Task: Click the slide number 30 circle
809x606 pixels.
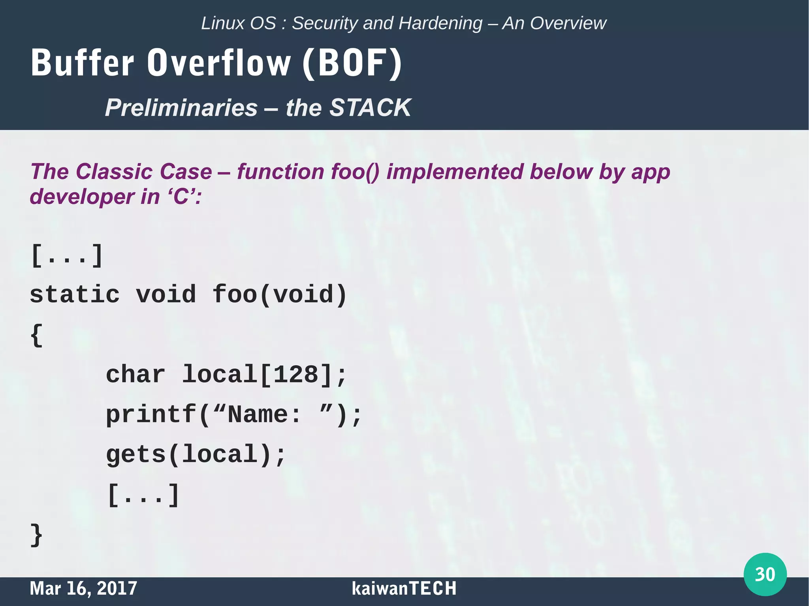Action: pyautogui.click(x=765, y=574)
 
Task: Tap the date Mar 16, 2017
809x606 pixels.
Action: pyautogui.click(x=83, y=588)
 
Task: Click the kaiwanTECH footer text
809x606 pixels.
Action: pyautogui.click(x=404, y=588)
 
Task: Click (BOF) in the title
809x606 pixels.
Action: pyautogui.click(x=352, y=63)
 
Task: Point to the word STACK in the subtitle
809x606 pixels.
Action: pyautogui.click(x=370, y=107)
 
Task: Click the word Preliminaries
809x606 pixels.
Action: pyautogui.click(x=181, y=107)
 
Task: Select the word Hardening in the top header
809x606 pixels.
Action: pyautogui.click(x=440, y=23)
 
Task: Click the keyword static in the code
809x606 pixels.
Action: pyautogui.click(x=75, y=295)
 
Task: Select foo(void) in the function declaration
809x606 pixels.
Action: pyautogui.click(x=280, y=295)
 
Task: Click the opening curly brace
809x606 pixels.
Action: pyautogui.click(x=36, y=335)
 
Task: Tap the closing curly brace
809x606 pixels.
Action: pyautogui.click(x=36, y=535)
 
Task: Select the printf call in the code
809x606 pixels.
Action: pyautogui.click(x=233, y=415)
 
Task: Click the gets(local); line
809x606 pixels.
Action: pyautogui.click(x=196, y=454)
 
